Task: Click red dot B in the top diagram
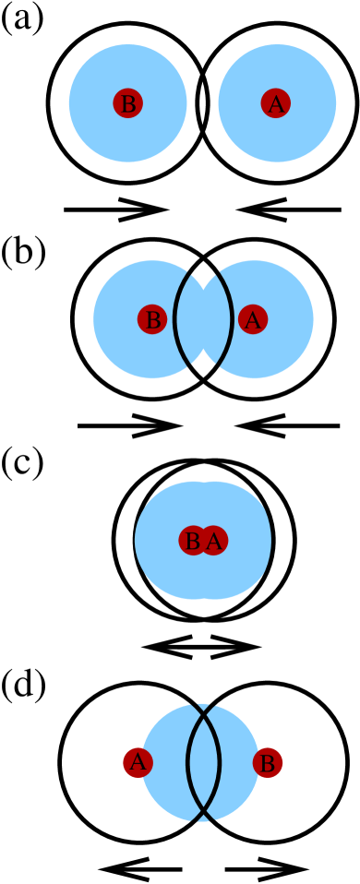pyautogui.click(x=128, y=103)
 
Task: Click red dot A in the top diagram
pyautogui.click(x=276, y=103)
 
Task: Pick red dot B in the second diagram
pyautogui.click(x=152, y=319)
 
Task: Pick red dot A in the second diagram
pyautogui.click(x=253, y=319)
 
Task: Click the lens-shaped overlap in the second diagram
pyautogui.click(x=203, y=319)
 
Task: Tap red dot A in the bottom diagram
pyautogui.click(x=138, y=762)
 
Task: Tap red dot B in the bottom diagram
pyautogui.click(x=268, y=762)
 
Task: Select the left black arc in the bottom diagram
pyautogui.click(x=188, y=762)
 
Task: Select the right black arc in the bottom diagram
pyautogui.click(x=219, y=762)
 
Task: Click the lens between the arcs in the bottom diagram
pyautogui.click(x=203, y=762)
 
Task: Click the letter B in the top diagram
pyautogui.click(x=128, y=104)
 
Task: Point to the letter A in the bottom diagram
pyautogui.click(x=138, y=762)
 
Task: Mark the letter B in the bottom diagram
pyautogui.click(x=268, y=763)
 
